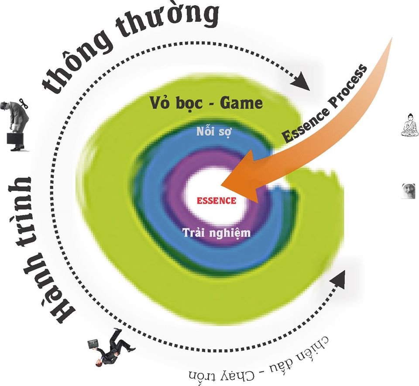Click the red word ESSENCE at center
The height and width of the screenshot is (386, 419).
click(216, 201)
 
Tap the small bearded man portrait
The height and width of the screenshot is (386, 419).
click(408, 191)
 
